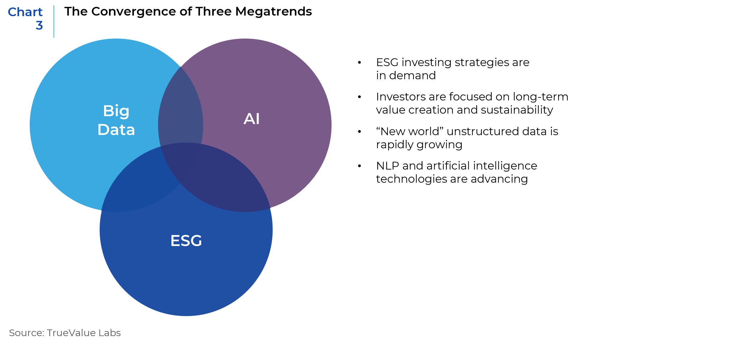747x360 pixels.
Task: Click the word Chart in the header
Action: (25, 12)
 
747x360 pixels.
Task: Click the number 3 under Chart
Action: (39, 26)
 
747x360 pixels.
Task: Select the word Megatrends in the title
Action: (274, 12)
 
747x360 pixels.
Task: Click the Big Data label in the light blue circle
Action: (116, 120)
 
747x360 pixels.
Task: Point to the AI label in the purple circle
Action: (251, 119)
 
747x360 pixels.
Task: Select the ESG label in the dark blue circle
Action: (186, 241)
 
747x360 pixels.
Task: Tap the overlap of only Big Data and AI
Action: (181, 108)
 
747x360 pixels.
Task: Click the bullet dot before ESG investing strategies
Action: (359, 62)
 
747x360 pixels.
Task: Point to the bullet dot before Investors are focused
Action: (359, 97)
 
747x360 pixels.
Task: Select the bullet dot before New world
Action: (359, 132)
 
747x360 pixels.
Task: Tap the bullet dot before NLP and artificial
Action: (359, 166)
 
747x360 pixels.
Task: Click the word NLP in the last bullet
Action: (388, 166)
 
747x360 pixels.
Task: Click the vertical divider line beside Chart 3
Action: (54, 22)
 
